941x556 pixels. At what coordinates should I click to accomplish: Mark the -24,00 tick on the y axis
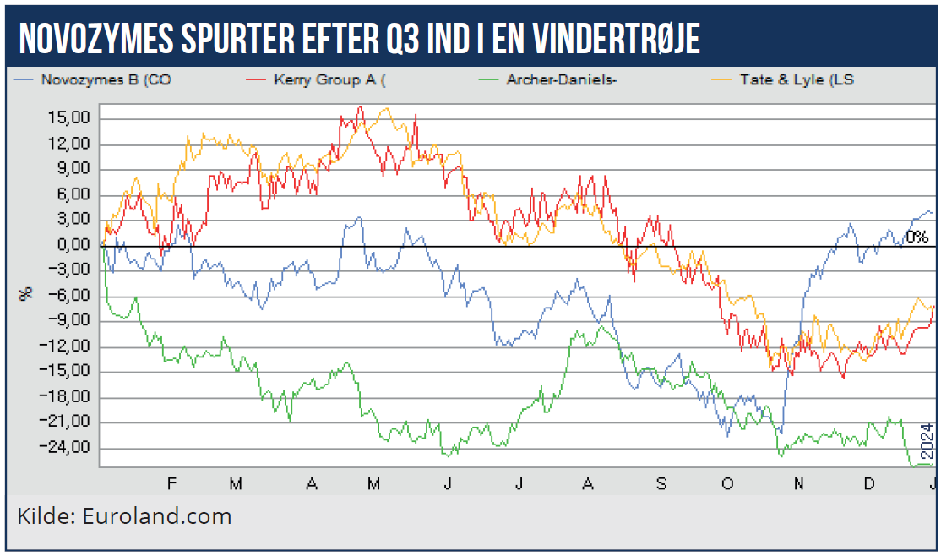coord(68,448)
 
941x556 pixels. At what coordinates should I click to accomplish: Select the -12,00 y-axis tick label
coord(68,346)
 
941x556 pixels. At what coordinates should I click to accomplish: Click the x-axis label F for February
coord(171,483)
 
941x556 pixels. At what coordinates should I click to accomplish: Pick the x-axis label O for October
coord(726,483)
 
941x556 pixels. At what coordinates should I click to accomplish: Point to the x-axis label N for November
coord(798,483)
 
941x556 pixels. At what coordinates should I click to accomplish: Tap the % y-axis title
coord(26,292)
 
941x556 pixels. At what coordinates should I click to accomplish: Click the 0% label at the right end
coord(917,237)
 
